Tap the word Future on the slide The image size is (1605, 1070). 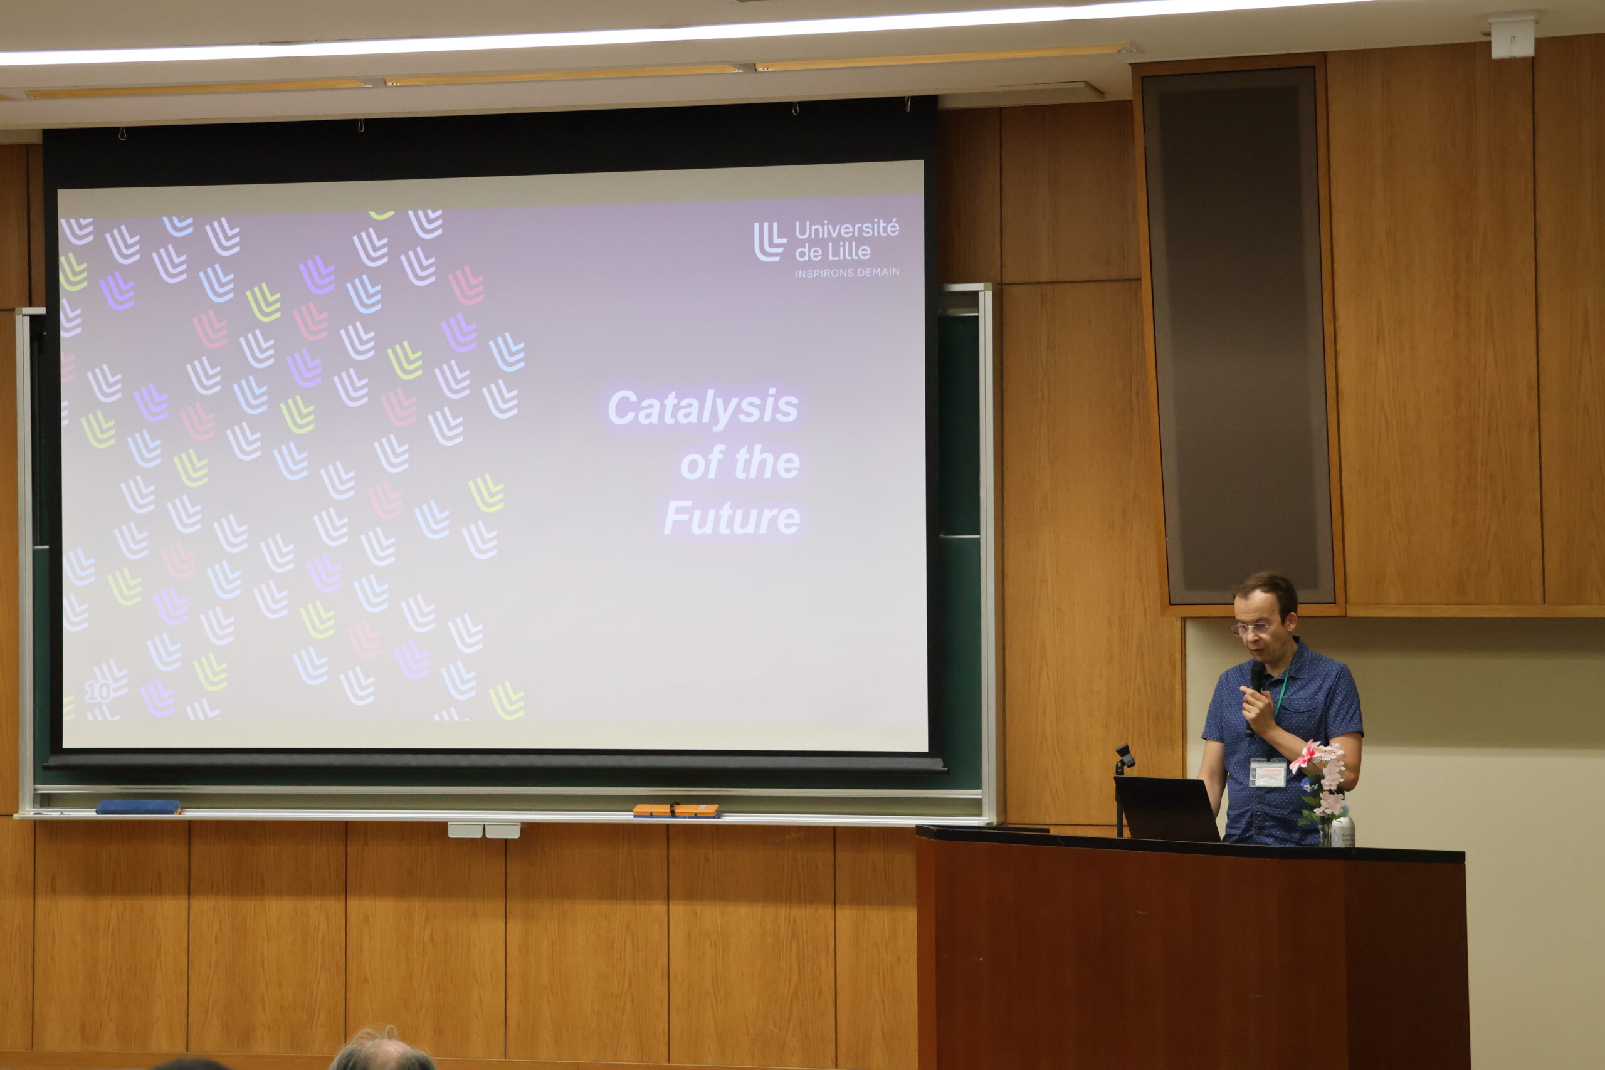[x=732, y=518]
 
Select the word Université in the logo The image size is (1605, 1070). [x=847, y=229]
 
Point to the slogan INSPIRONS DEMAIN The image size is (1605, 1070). [x=847, y=272]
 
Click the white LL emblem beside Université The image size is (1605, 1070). [x=770, y=241]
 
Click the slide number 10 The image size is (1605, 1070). [x=98, y=693]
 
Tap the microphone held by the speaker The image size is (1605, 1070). [x=1256, y=690]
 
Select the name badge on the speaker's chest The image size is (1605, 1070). [x=1267, y=772]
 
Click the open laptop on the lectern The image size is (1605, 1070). [x=1167, y=809]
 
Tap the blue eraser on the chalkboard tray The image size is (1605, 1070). [x=139, y=807]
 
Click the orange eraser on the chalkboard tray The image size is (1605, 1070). [x=676, y=810]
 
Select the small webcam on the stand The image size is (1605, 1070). [x=1124, y=756]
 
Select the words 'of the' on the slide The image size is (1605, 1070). [x=740, y=464]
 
